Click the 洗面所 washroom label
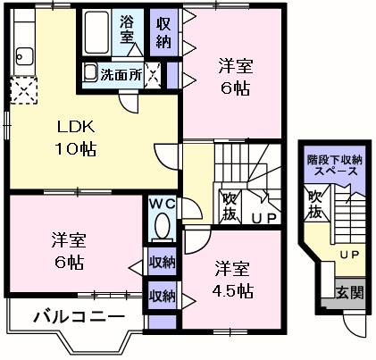[x=120, y=74]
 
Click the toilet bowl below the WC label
[x=162, y=229]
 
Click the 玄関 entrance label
[x=348, y=291]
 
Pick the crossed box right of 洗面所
[x=154, y=74]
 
